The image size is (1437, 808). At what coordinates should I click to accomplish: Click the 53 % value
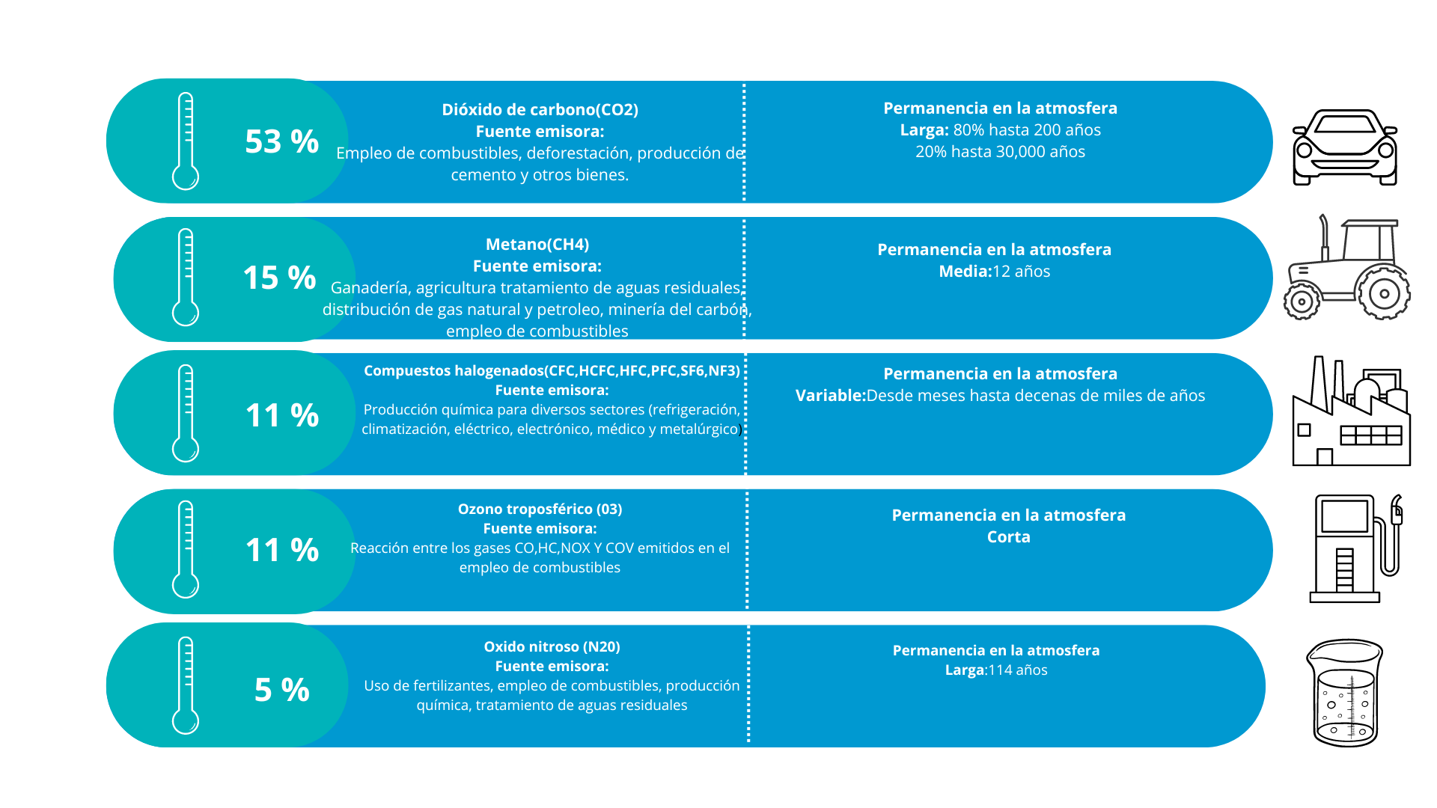point(281,141)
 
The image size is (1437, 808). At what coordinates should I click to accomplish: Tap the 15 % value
point(279,278)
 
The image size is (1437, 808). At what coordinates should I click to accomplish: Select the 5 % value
point(281,689)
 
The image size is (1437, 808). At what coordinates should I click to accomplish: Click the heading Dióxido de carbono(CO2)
point(540,110)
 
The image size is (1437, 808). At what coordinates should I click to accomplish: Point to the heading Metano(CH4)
point(537,245)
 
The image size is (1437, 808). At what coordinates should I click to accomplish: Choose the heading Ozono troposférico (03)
point(540,509)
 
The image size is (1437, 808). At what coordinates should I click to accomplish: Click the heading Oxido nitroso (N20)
point(552,647)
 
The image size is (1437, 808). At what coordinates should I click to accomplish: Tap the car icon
point(1344,147)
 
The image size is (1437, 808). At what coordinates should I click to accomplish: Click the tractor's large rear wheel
point(1383,293)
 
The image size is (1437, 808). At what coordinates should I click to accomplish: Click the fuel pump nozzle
point(1396,512)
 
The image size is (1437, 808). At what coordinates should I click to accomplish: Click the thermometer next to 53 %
point(186,141)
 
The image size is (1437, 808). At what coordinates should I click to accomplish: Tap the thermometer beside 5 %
point(186,685)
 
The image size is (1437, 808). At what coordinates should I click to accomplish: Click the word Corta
point(1008,537)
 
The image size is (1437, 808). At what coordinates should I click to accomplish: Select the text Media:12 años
point(994,272)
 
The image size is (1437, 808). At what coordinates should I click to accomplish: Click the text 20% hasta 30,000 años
point(1000,152)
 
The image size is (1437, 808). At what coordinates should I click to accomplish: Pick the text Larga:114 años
point(995,670)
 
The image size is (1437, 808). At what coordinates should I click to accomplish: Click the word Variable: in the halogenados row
point(830,396)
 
